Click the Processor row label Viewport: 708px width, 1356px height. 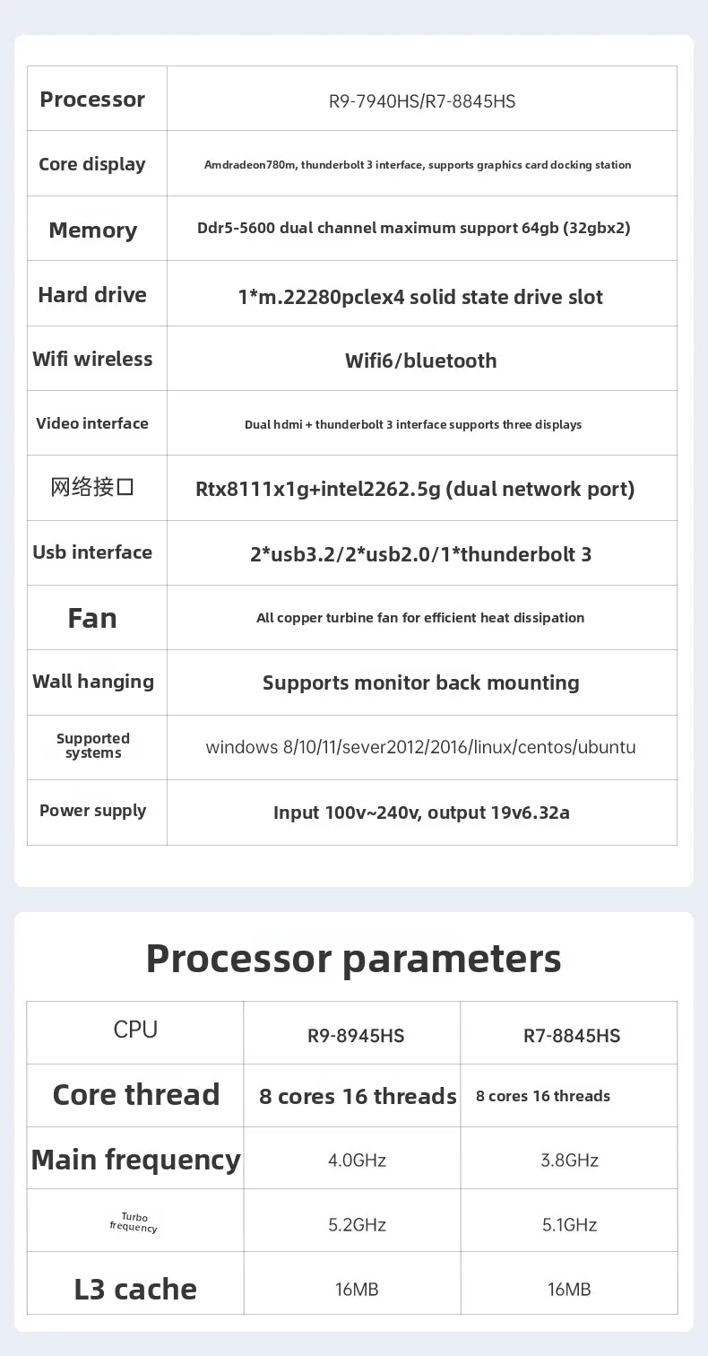92,100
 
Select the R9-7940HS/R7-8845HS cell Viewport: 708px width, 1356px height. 422,101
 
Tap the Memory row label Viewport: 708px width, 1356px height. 92,230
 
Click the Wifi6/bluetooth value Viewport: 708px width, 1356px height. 420,361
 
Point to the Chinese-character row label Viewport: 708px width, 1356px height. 92,487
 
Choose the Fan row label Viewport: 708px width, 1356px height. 92,618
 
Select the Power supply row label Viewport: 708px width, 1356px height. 92,811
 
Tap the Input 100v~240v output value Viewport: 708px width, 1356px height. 421,813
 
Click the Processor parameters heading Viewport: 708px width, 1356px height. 353,960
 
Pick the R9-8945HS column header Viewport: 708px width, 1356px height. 356,1036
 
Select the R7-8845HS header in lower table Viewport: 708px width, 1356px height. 572,1036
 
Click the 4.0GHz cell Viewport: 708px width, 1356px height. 357,1160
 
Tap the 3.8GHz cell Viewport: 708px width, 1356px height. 569,1160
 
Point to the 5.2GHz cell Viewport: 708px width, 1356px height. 357,1225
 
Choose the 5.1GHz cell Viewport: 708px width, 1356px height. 569,1225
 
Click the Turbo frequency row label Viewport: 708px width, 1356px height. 134,1222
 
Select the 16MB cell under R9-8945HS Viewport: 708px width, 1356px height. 357,1290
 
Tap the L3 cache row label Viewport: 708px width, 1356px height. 135,1290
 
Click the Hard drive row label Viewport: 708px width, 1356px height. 92,295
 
